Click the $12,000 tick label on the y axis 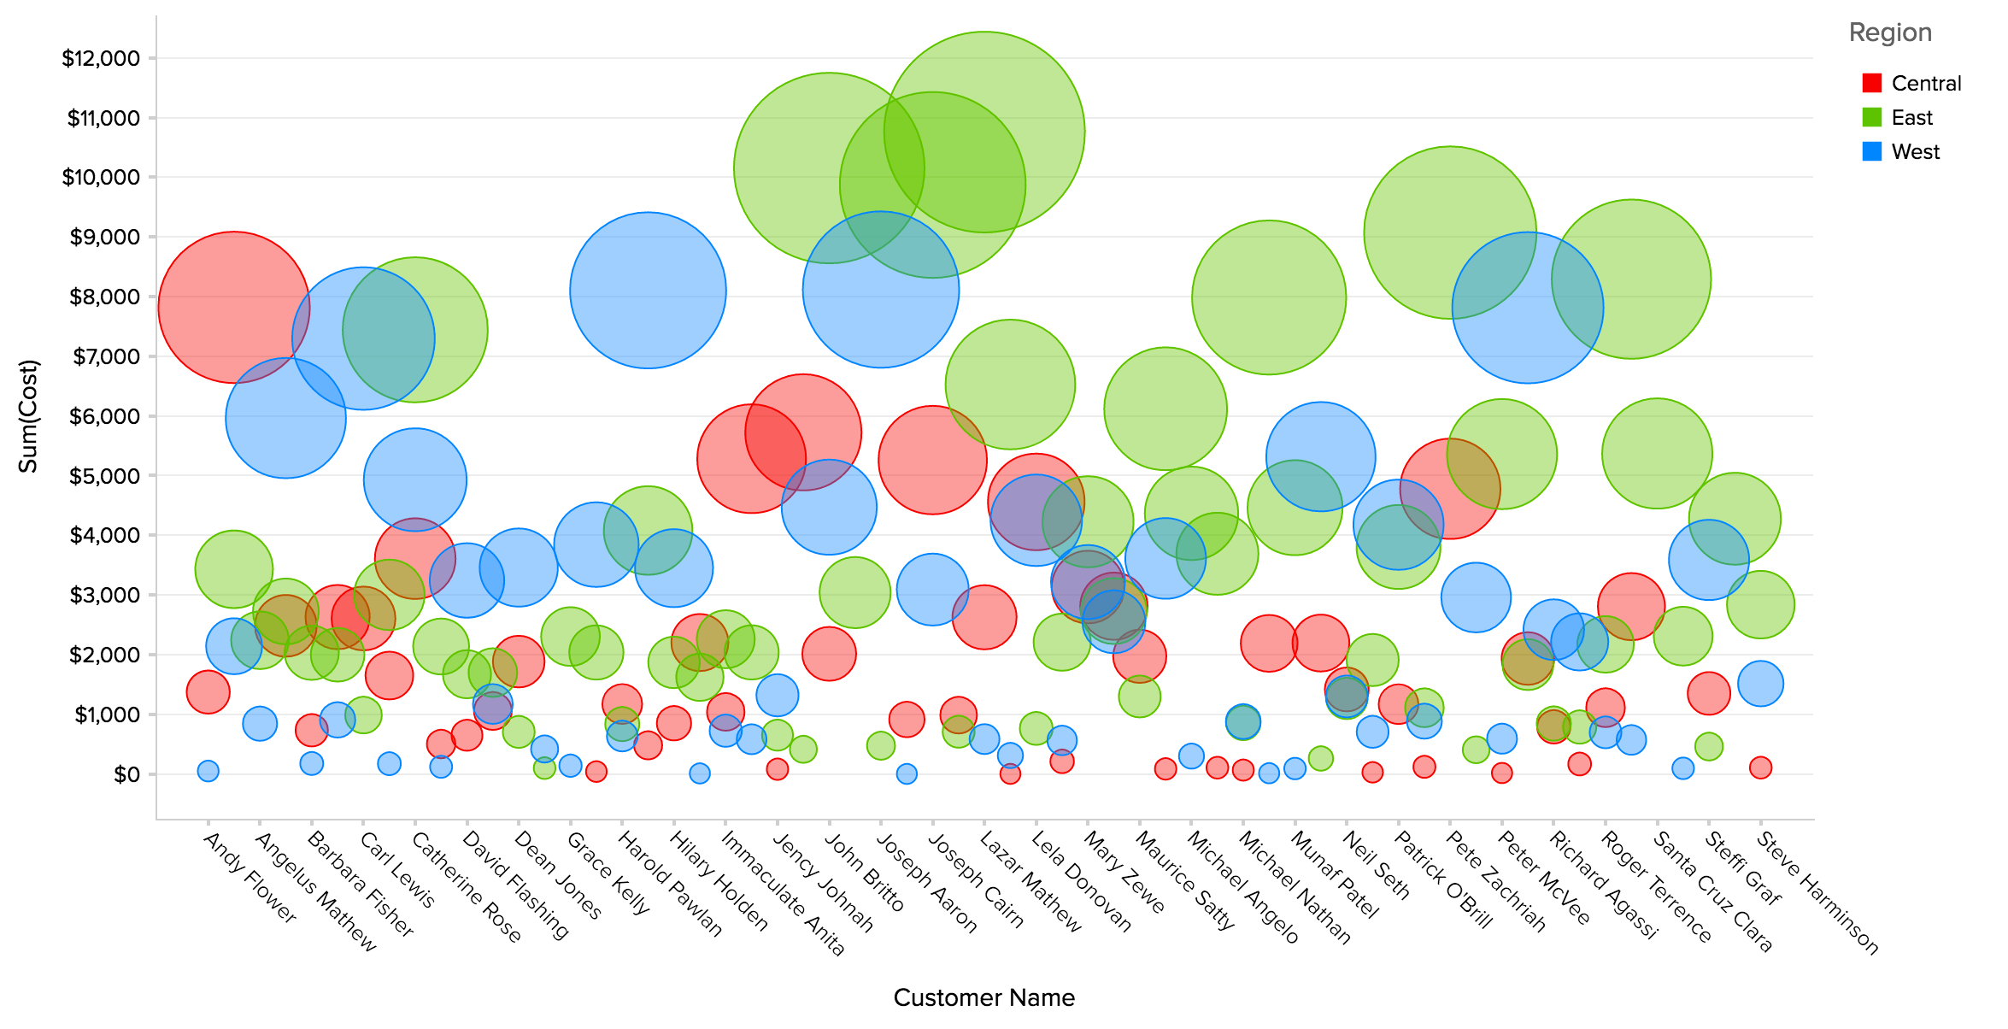tap(100, 59)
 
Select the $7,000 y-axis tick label tap(105, 357)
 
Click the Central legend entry tap(1926, 84)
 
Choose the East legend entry tap(1911, 118)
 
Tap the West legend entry tap(1915, 152)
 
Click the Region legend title tap(1890, 32)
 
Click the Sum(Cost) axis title tap(28, 416)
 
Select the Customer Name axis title tap(983, 997)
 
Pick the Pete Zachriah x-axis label tap(1495, 880)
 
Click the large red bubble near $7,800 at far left tap(233, 308)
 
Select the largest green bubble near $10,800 tap(984, 132)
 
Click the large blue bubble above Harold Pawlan tap(648, 291)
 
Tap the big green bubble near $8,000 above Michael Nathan tap(1269, 297)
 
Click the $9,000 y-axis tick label tap(105, 238)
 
